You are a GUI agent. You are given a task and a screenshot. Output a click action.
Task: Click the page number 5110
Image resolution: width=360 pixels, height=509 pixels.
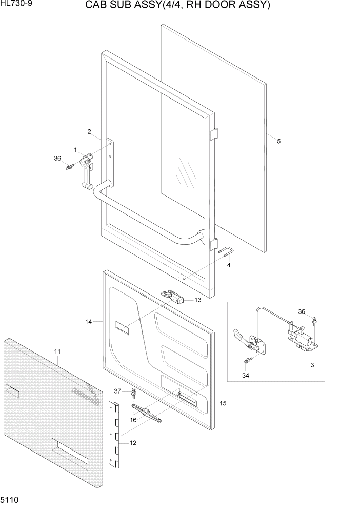click(x=10, y=500)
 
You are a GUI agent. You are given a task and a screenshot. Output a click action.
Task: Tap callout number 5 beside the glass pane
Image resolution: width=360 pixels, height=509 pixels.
click(x=279, y=141)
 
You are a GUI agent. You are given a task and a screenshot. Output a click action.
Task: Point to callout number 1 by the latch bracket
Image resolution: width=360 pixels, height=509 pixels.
click(x=75, y=150)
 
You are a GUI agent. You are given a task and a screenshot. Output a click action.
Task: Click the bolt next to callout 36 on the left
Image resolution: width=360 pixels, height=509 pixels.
click(x=68, y=167)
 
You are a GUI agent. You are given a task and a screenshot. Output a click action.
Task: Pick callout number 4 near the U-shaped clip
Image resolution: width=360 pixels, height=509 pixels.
click(x=229, y=265)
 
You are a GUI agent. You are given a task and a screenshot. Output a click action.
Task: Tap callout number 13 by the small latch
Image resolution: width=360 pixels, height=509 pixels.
click(x=198, y=300)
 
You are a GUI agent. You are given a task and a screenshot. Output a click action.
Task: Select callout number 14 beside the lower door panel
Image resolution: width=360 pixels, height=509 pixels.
click(x=89, y=322)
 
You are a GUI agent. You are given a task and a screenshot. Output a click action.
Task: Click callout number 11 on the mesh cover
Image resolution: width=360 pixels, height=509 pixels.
click(x=57, y=351)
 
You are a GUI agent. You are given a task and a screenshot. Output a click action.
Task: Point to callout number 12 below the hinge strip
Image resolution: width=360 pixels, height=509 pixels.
click(x=133, y=443)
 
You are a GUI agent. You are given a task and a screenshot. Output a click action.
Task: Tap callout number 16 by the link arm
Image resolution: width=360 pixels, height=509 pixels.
click(x=133, y=420)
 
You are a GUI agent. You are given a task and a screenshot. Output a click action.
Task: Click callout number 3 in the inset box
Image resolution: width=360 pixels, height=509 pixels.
click(x=312, y=365)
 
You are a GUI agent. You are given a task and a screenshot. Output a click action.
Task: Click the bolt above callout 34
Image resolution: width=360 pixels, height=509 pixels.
click(x=248, y=361)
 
